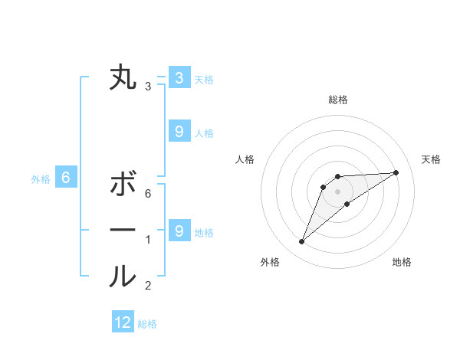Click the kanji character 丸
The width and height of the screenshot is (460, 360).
[x=123, y=77]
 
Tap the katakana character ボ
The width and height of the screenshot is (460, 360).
[x=123, y=185]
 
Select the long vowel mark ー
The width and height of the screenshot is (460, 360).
[x=123, y=230]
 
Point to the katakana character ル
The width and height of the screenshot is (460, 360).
[x=123, y=277]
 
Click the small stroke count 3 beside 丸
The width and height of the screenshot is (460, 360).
[x=148, y=87]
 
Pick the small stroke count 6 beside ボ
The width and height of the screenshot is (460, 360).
[x=148, y=194]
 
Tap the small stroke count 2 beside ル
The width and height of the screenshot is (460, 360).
[x=148, y=286]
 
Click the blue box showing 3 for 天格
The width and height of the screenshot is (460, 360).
[x=179, y=77]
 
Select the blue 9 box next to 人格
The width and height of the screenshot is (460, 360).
[x=179, y=132]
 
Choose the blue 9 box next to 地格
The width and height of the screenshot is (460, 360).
[x=179, y=231]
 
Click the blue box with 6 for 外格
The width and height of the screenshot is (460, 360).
[x=66, y=178]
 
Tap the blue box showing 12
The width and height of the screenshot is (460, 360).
[x=123, y=322]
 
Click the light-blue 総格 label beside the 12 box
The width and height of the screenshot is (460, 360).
[x=147, y=324]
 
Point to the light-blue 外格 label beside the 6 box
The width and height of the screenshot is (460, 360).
[x=41, y=179]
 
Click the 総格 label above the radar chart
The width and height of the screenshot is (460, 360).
[x=337, y=100]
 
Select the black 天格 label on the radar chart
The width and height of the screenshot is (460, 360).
[x=431, y=159]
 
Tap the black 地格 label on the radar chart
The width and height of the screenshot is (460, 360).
[x=402, y=262]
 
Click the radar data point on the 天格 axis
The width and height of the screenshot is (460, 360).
[x=396, y=172]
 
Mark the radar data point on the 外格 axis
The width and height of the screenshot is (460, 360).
[x=302, y=242]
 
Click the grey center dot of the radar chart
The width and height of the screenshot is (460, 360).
[x=337, y=191]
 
